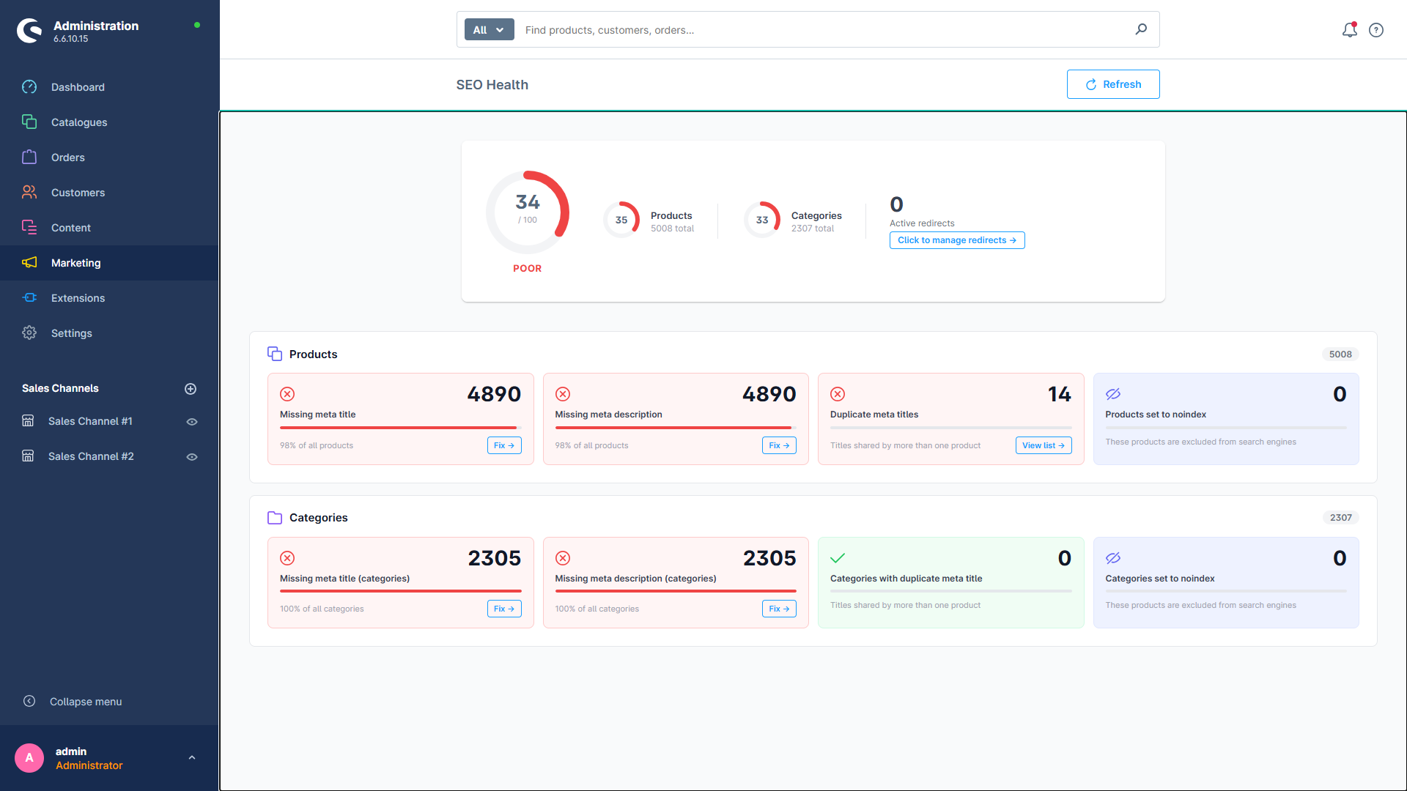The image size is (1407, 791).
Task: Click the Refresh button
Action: [x=1112, y=84]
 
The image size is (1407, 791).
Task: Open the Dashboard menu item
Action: [x=78, y=87]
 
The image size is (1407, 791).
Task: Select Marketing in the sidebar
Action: [x=76, y=263]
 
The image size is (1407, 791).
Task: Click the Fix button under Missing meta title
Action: [x=504, y=445]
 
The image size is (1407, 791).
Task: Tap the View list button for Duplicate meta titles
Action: [x=1043, y=445]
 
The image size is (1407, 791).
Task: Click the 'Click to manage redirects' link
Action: [x=956, y=240]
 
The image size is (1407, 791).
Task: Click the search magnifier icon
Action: [x=1141, y=29]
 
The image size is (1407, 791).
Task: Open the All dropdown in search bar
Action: [x=489, y=30]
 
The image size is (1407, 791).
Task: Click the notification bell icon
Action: [x=1349, y=30]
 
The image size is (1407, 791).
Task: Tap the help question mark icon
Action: [x=1376, y=30]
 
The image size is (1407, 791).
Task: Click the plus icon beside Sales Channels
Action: [x=191, y=389]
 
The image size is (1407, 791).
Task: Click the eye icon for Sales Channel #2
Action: [x=192, y=457]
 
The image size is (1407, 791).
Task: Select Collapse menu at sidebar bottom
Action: [x=85, y=702]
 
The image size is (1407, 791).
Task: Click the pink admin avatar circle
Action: [x=29, y=758]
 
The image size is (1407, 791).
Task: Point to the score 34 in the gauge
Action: [x=527, y=202]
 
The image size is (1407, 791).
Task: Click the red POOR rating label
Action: [x=527, y=269]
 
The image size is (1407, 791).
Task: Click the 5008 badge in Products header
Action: [x=1340, y=354]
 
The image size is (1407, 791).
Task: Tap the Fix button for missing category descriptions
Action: [x=779, y=609]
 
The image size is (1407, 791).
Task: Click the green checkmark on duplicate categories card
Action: [x=838, y=558]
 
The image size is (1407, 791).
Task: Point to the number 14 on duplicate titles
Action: [x=1059, y=394]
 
